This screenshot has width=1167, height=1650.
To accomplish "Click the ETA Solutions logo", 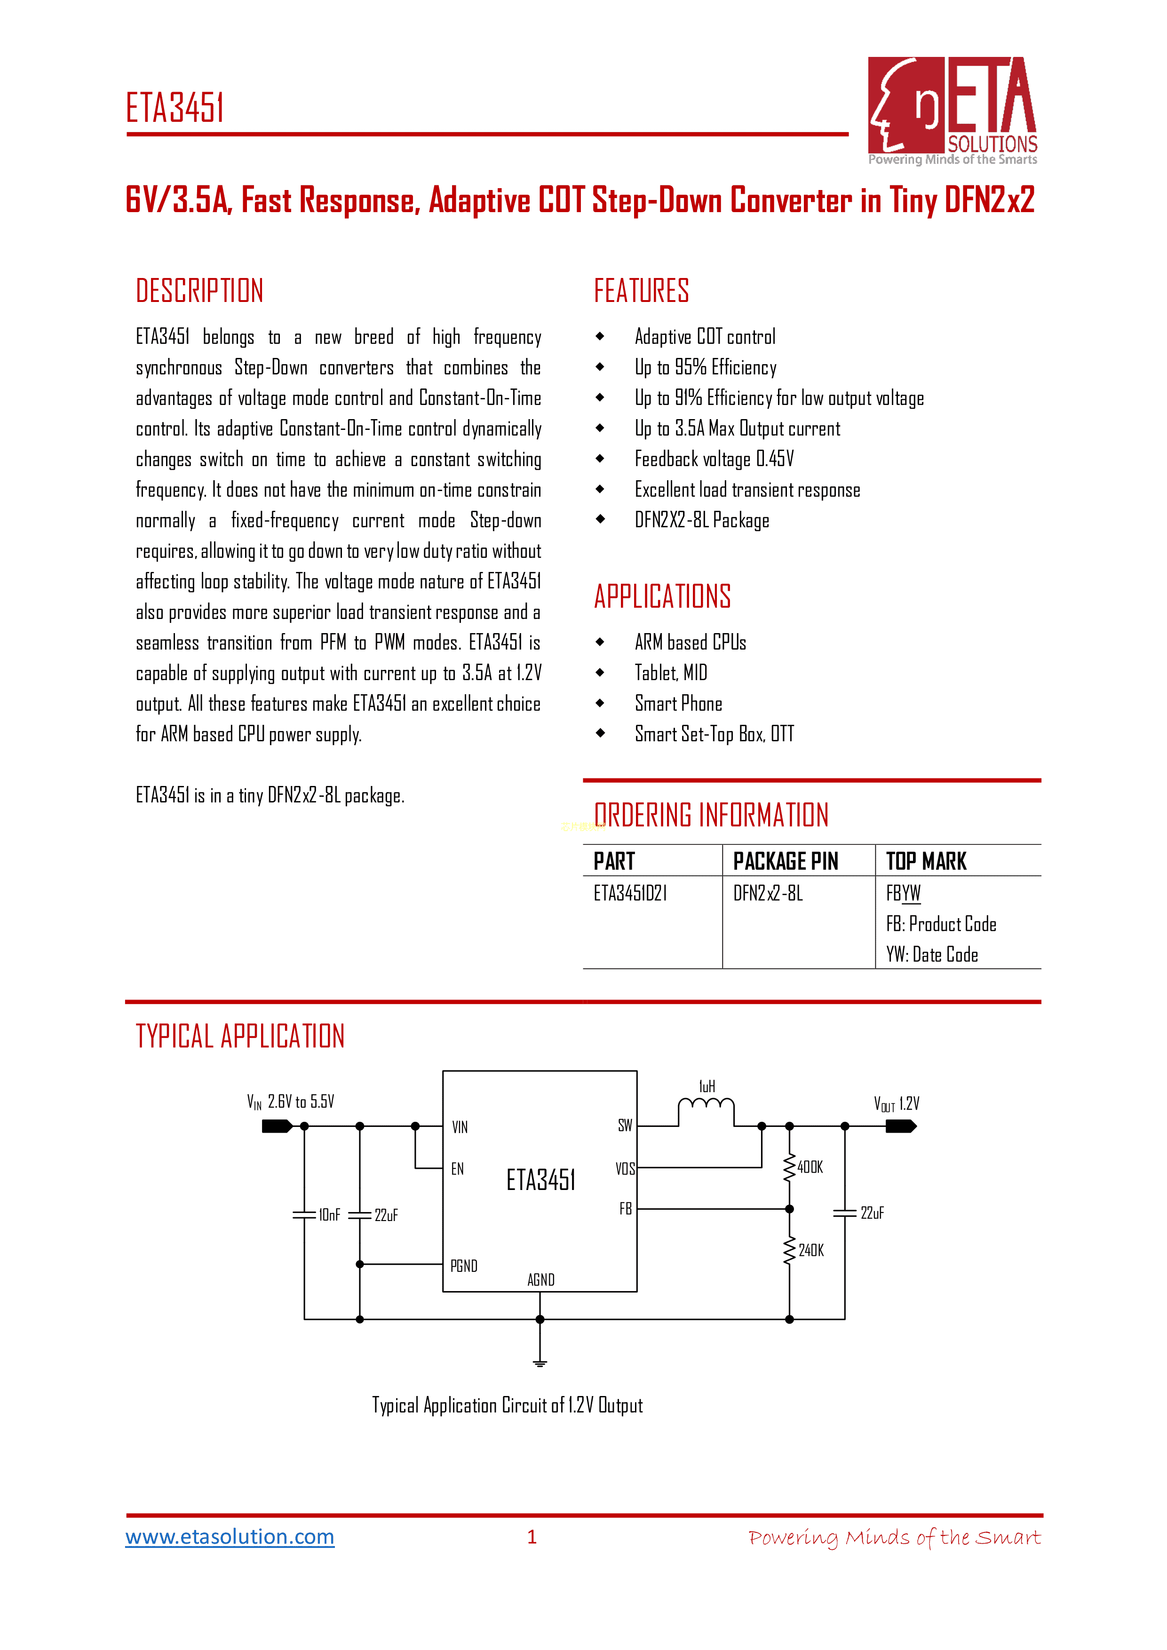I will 952,110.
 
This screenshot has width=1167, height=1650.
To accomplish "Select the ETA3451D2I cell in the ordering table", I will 630,893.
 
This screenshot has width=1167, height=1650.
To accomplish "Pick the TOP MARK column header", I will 926,861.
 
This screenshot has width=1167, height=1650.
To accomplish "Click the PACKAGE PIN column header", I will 786,861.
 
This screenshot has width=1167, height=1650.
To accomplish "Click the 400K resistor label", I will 810,1167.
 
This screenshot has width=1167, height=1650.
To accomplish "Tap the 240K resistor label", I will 811,1251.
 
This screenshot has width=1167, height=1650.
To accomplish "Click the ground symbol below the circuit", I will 540,1362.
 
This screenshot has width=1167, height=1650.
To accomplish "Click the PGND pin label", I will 463,1266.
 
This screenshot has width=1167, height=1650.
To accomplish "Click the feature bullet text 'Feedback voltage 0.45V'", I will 714,459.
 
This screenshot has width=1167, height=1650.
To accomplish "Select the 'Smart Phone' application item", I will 678,704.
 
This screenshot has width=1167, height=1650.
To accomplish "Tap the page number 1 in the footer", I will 532,1537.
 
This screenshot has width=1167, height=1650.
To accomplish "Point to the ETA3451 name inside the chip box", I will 540,1179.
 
